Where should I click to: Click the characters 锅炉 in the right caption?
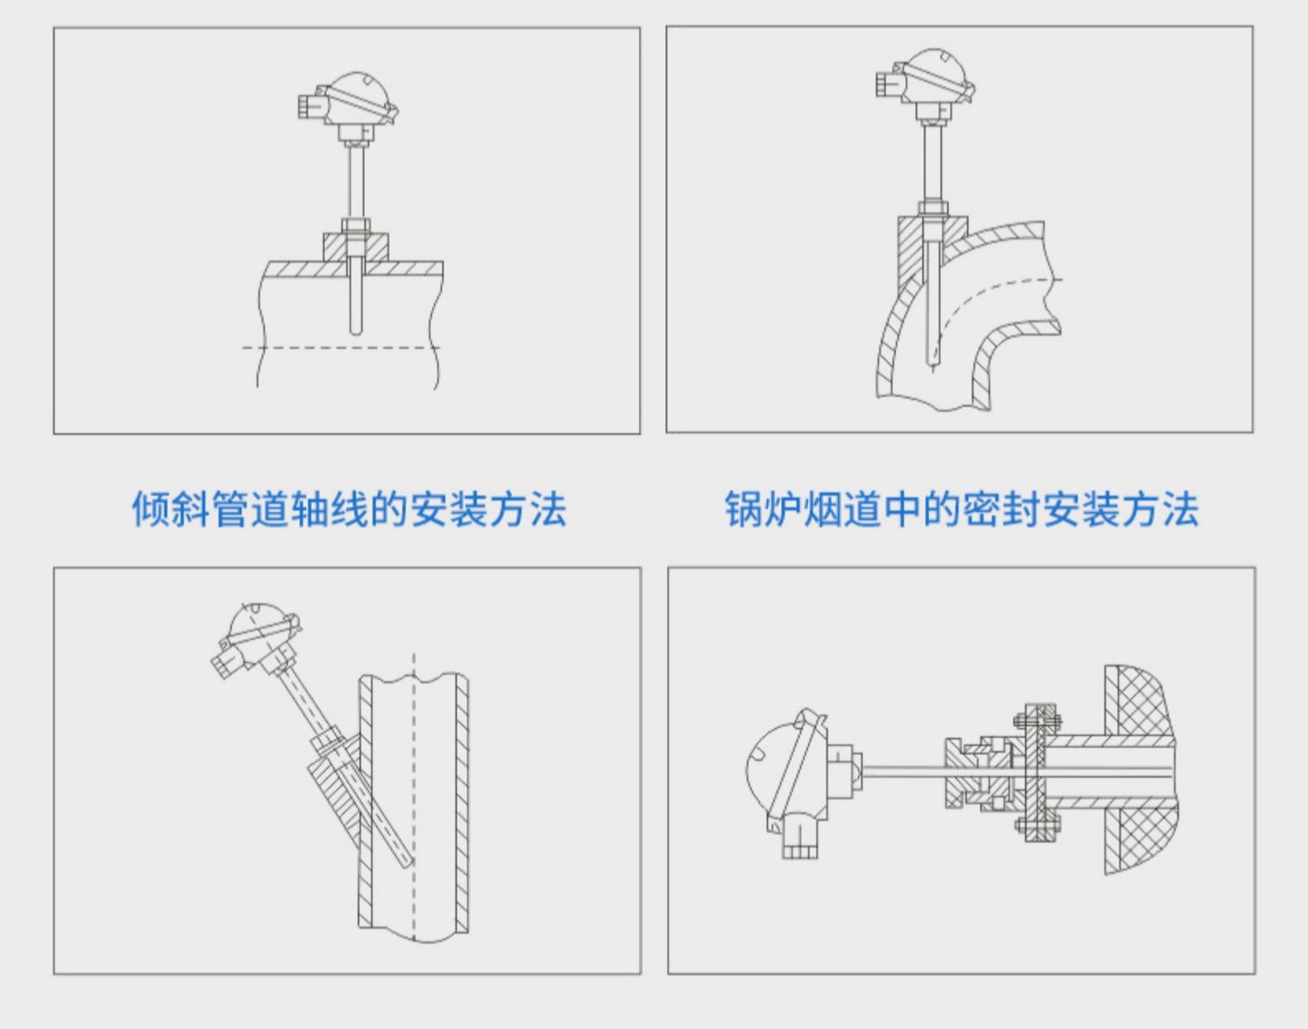[x=764, y=509]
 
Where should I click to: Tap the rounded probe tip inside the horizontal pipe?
[x=356, y=330]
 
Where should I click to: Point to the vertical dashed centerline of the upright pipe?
[x=414, y=794]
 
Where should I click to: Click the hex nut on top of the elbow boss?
[x=932, y=208]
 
